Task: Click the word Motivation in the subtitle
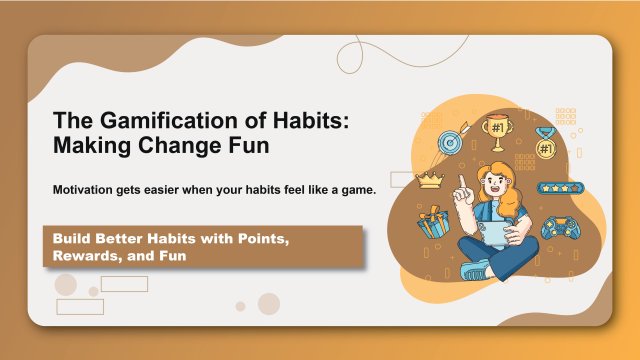coord(89,190)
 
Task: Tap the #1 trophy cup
coord(495,131)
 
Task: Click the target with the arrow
coord(449,145)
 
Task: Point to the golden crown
coord(430,180)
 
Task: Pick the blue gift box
coord(433,222)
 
